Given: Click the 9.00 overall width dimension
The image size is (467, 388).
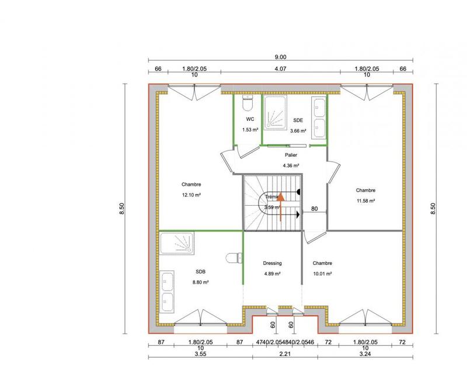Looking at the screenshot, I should tap(281, 57).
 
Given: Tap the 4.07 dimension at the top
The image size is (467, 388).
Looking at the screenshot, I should tap(281, 69).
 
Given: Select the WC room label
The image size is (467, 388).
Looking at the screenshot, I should tap(249, 119).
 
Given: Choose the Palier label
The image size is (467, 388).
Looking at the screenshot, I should tap(291, 155).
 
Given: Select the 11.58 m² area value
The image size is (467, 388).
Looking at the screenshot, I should tap(365, 200).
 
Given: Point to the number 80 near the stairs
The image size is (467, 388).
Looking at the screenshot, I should tap(314, 208).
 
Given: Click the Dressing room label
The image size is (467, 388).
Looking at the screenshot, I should tap(273, 264).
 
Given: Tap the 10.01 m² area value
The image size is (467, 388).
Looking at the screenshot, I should tap(322, 273).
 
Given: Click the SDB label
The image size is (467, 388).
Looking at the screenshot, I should tap(200, 272).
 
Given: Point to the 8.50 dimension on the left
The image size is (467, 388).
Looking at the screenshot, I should tap(122, 209).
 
